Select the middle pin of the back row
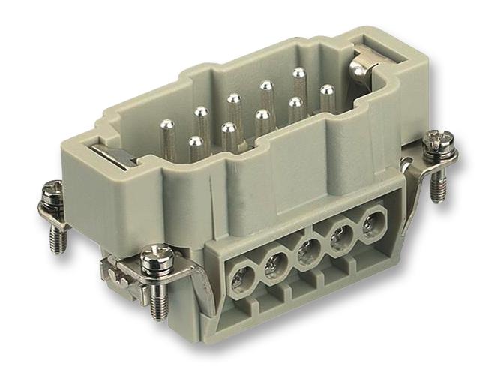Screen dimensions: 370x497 [x=234, y=102]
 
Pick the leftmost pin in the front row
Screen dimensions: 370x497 [x=196, y=146]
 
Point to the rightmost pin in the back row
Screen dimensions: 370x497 [x=299, y=77]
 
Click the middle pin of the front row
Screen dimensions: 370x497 [x=262, y=119]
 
